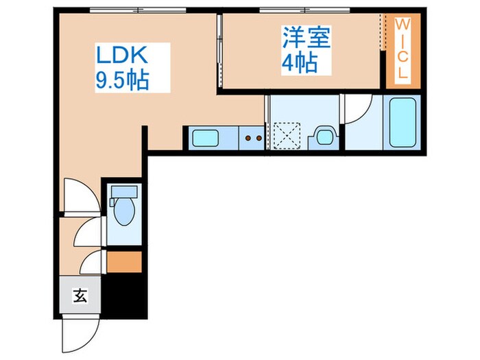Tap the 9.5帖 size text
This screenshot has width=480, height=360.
click(123, 80)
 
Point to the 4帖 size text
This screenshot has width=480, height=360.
click(299, 64)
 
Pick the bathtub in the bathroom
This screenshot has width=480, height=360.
click(403, 123)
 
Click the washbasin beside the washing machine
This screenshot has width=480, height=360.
click(322, 136)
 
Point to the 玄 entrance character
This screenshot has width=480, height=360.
click(80, 297)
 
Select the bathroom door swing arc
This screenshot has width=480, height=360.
click(359, 108)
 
